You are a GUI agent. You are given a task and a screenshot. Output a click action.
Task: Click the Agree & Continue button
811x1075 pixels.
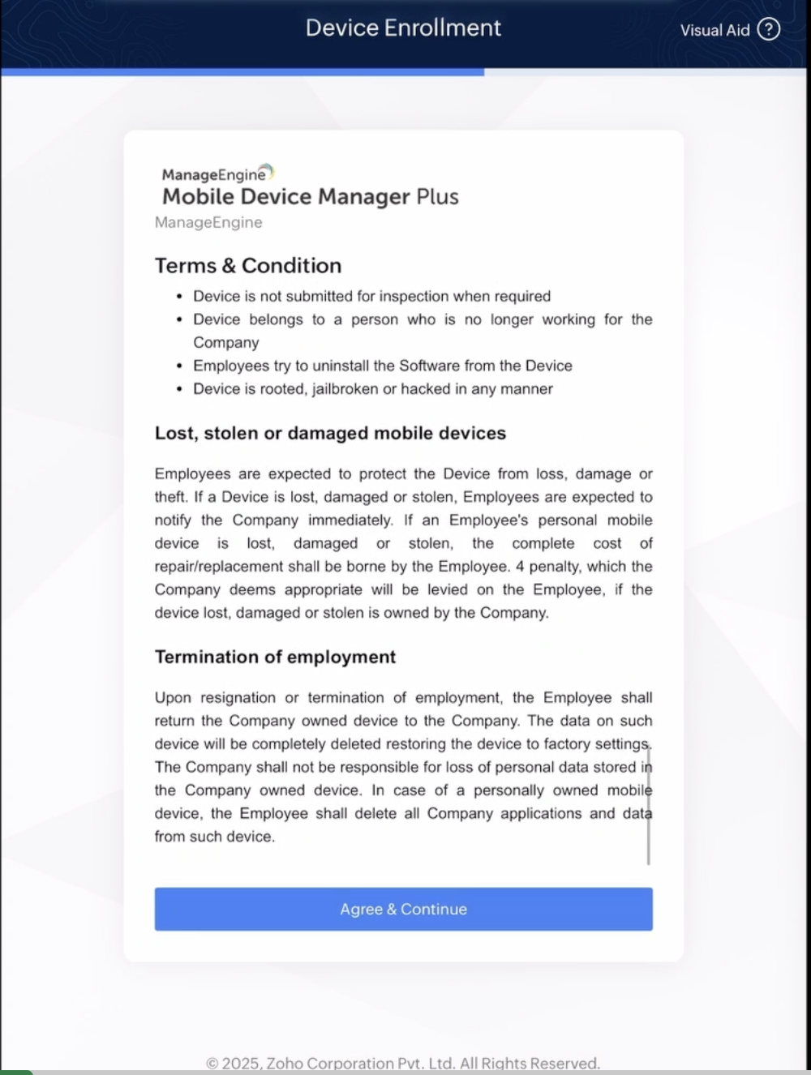[403, 909]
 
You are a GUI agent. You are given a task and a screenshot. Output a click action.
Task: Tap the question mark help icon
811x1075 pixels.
[768, 30]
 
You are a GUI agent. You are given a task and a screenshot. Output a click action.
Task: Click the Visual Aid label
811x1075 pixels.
[714, 31]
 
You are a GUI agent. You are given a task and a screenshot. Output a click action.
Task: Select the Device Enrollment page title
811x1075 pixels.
[403, 28]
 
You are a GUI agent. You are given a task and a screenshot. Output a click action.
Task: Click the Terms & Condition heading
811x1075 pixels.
[248, 265]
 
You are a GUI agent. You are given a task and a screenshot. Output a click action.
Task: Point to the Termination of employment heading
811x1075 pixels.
[275, 657]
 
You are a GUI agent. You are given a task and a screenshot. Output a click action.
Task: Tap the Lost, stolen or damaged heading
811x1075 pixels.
[330, 433]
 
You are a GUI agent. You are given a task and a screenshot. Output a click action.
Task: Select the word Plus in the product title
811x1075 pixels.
[437, 197]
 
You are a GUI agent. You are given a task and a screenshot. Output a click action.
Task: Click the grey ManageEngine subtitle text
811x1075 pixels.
[208, 222]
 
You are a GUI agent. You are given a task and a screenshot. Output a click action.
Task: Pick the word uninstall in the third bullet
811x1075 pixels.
[332, 366]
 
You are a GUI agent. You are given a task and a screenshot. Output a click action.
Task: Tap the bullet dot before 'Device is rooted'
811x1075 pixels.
[179, 389]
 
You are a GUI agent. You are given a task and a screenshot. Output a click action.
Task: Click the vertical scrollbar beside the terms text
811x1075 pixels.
[649, 807]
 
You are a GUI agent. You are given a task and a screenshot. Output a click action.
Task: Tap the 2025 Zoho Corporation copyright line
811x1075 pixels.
[403, 1063]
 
